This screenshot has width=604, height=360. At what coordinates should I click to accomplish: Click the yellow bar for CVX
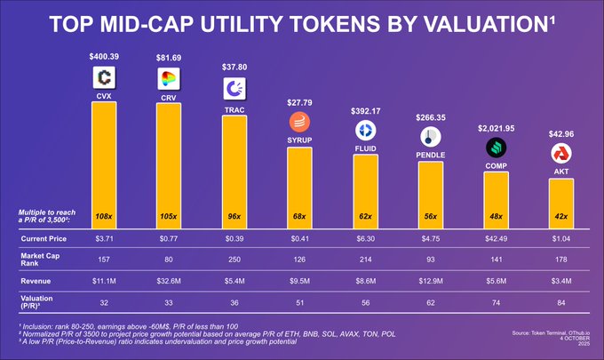point(104,164)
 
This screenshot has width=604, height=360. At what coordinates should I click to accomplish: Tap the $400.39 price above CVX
point(104,57)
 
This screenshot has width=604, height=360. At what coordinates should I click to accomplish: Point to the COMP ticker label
point(496,164)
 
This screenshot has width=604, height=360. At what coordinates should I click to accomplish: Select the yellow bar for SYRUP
point(299,187)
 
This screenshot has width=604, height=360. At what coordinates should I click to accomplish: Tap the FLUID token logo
point(365,131)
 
